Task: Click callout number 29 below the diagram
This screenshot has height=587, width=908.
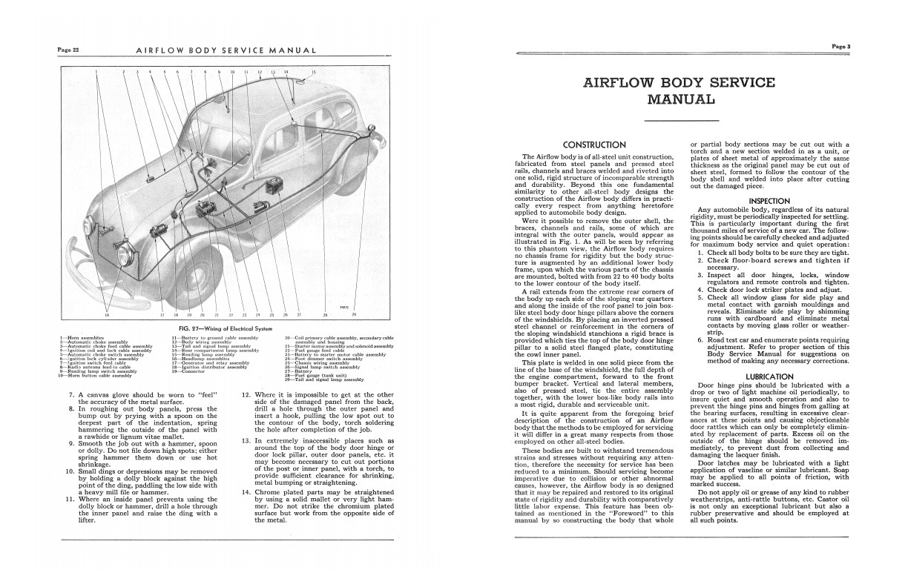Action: pyautogui.click(x=355, y=316)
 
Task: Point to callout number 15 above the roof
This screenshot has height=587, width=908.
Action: pyautogui.click(x=313, y=72)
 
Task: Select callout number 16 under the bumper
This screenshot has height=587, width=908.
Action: pyautogui.click(x=107, y=316)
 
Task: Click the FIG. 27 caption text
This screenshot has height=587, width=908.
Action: pyautogui.click(x=217, y=328)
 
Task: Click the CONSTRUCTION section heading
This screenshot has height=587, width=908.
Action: pyautogui.click(x=594, y=145)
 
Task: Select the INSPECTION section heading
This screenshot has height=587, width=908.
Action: pyautogui.click(x=769, y=201)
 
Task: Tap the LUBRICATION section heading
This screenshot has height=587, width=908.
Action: pyautogui.click(x=769, y=377)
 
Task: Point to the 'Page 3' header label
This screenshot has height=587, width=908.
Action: pyautogui.click(x=840, y=46)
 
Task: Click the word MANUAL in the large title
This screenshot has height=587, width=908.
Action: pyautogui.click(x=681, y=99)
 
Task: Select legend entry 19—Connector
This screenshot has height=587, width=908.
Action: pyautogui.click(x=189, y=371)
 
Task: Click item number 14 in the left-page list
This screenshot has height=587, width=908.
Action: pyautogui.click(x=246, y=493)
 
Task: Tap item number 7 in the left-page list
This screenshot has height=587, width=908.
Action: pyautogui.click(x=70, y=395)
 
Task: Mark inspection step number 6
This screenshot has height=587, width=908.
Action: pyautogui.click(x=700, y=340)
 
